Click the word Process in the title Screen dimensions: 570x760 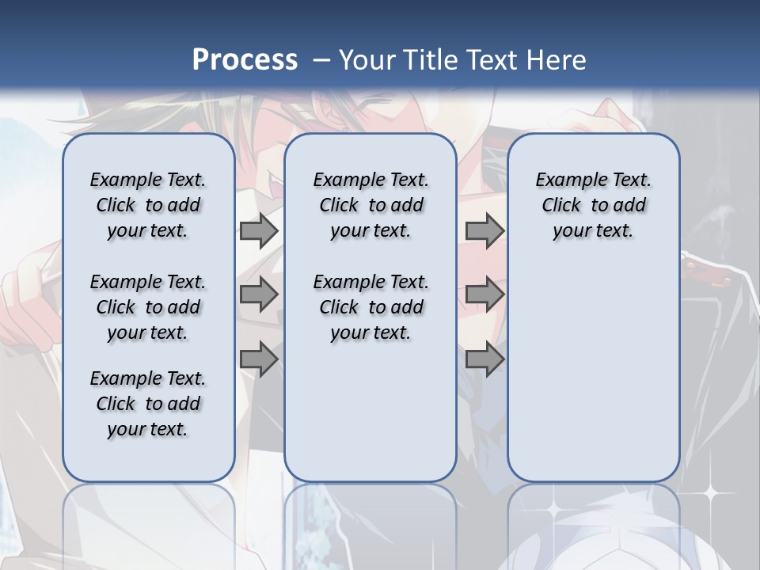245,59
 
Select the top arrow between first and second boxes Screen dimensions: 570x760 258,230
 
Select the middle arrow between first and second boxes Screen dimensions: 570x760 258,294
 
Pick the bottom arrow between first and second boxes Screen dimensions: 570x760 258,359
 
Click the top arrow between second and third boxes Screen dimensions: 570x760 484,230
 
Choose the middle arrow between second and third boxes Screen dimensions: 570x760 484,294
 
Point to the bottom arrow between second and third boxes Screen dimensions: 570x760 484,359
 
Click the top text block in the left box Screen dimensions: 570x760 148,205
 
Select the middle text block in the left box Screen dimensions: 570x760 148,307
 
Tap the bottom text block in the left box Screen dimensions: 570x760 148,404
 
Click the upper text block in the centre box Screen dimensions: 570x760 371,205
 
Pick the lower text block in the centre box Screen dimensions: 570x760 371,307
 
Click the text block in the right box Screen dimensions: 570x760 594,205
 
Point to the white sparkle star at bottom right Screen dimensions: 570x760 710,492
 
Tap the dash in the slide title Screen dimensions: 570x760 321,59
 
